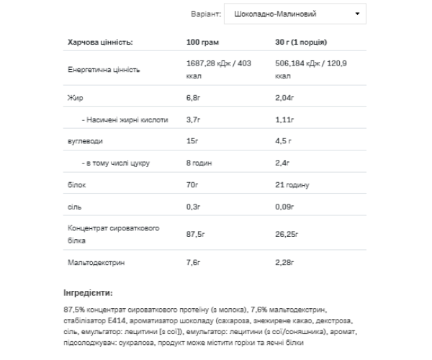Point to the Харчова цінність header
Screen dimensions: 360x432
100,42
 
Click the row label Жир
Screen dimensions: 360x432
71,97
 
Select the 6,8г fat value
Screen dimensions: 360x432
194,97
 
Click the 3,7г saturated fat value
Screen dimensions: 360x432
194,120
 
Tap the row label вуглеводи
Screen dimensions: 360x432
83,142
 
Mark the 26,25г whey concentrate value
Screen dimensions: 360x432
288,235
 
